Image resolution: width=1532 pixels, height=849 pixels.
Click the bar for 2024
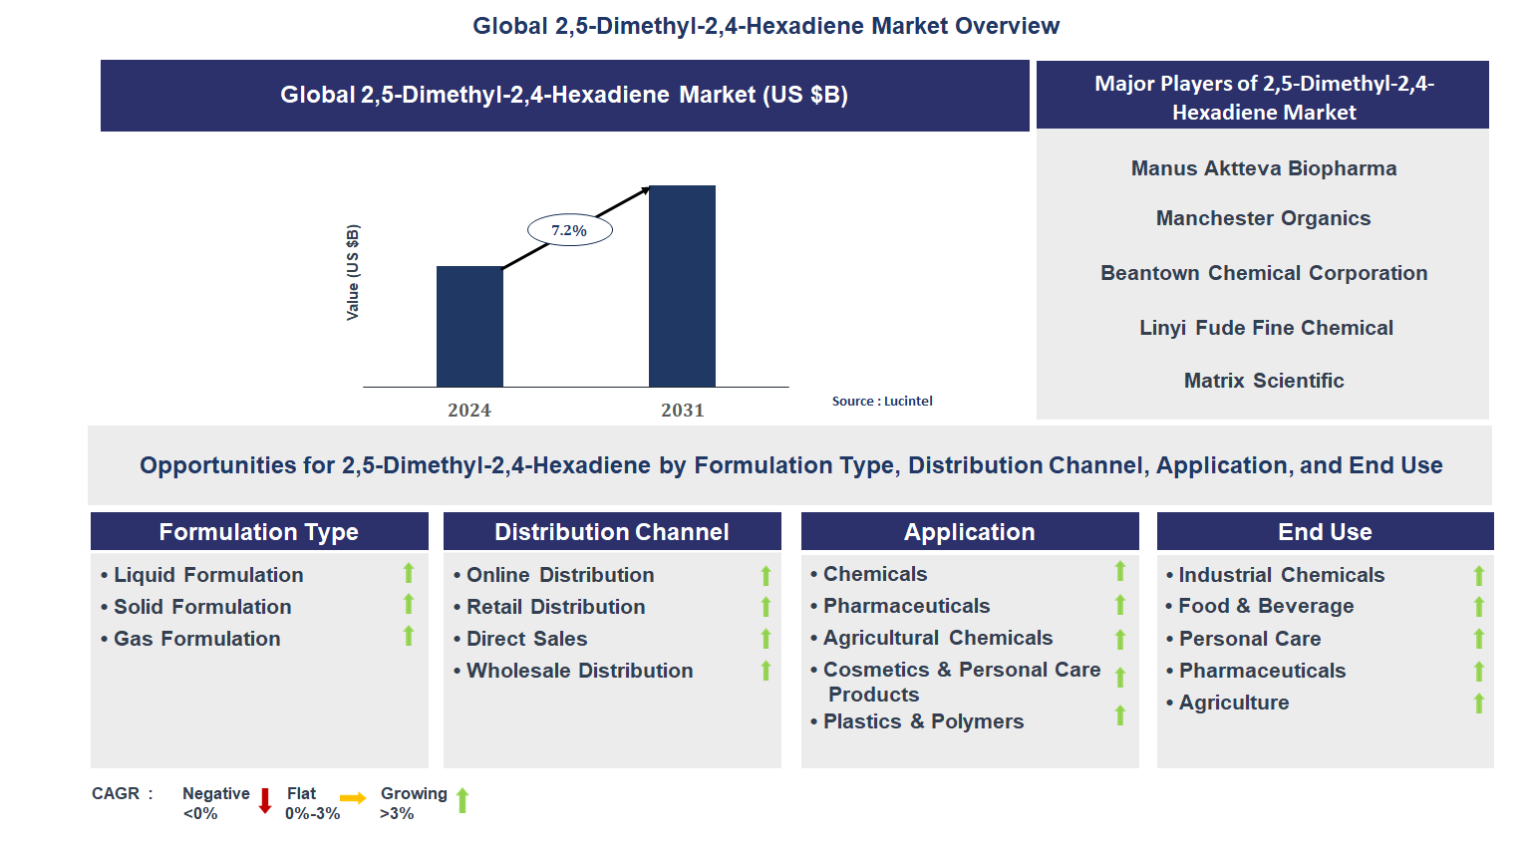(x=469, y=327)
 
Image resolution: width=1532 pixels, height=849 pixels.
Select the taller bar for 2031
(x=682, y=286)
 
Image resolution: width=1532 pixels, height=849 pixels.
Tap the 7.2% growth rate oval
(x=570, y=230)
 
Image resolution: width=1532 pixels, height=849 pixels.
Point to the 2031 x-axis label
(x=682, y=411)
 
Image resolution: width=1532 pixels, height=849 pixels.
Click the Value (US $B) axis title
(x=352, y=272)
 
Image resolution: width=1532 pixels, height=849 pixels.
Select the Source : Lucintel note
(x=881, y=402)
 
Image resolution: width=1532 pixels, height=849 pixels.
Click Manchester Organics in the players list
(x=1263, y=218)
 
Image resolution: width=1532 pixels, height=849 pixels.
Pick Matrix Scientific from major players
(x=1264, y=380)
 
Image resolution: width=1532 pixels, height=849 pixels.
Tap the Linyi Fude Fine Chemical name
(x=1266, y=328)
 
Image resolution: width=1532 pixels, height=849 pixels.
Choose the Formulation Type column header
(x=259, y=532)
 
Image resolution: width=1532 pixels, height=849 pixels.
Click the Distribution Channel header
(x=612, y=532)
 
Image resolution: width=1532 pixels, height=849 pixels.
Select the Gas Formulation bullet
(x=190, y=639)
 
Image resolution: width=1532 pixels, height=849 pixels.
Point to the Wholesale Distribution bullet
(x=573, y=671)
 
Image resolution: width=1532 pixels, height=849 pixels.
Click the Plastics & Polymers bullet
(x=916, y=721)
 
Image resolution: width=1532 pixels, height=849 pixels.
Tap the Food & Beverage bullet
(x=1260, y=606)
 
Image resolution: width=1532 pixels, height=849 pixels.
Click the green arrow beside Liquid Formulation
(x=409, y=573)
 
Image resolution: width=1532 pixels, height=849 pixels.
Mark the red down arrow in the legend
(x=265, y=800)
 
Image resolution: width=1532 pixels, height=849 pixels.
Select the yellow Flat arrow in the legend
(x=353, y=798)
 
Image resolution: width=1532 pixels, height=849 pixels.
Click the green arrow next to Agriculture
(x=1478, y=704)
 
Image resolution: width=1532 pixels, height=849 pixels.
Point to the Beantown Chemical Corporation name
(x=1264, y=273)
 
